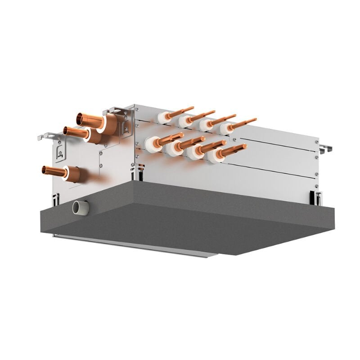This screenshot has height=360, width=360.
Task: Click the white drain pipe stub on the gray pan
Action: coord(80,207)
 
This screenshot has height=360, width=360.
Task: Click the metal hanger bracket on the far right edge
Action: coord(325,148)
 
